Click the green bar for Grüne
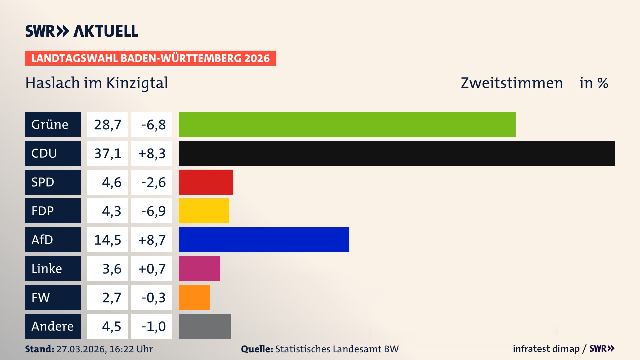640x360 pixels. pos(347,124)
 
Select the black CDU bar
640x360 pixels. pos(397,153)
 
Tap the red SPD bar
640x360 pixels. pos(206,182)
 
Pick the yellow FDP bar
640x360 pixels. pos(204,211)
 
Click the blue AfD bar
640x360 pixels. pos(264,240)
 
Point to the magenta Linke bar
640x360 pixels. pos(199,268)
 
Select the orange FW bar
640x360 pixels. pos(194,297)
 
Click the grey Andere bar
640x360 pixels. pos(205,326)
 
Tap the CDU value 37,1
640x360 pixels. pos(107,153)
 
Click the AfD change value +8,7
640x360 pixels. pos(152,240)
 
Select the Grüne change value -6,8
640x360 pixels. pos(153,125)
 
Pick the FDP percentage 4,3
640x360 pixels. pos(111,211)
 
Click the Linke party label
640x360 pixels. pos(47,269)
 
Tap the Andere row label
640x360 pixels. pos(52,326)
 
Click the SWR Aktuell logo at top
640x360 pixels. pos(81,31)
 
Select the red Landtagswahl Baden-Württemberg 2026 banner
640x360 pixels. pos(150,58)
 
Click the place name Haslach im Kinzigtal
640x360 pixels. pos(96,83)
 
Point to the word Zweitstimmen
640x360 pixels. pos(511,83)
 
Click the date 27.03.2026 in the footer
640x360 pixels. pos(81,349)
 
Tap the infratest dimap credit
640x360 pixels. pos(546,349)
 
